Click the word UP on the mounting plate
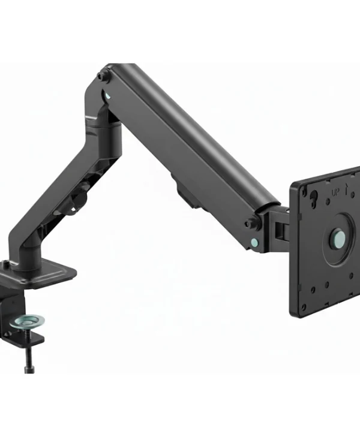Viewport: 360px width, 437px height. (335, 192)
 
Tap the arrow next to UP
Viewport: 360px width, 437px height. (346, 189)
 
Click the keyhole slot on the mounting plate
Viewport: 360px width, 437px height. (314, 195)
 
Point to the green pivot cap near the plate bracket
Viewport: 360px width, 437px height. (254, 241)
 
